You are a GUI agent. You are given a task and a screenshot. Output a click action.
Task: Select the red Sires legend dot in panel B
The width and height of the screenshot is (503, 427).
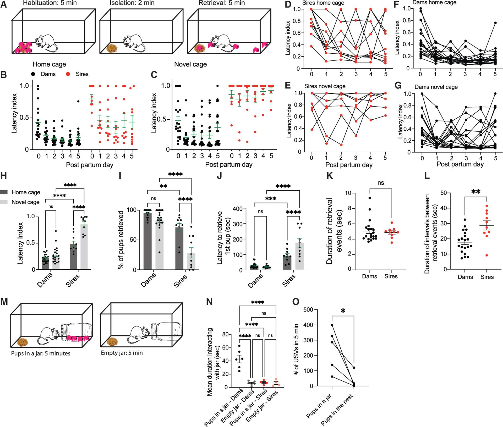coord(68,74)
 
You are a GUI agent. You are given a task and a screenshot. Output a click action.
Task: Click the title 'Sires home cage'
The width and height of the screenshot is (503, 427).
coord(323,3)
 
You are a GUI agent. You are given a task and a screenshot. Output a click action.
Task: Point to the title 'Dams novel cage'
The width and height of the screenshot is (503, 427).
coord(436,87)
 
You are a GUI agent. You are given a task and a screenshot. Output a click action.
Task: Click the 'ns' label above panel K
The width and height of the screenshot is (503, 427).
coord(381,183)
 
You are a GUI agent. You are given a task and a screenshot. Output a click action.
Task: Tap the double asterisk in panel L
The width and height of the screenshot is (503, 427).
coord(476,192)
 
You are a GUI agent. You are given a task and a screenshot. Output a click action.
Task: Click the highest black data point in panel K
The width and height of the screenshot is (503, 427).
coord(370,198)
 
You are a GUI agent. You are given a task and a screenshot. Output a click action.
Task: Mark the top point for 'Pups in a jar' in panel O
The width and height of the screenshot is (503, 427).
coord(332,325)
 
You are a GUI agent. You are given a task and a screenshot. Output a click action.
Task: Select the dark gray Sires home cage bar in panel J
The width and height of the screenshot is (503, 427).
coord(288,262)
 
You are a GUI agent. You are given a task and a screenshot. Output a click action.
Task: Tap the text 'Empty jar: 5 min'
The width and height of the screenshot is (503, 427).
coord(122,353)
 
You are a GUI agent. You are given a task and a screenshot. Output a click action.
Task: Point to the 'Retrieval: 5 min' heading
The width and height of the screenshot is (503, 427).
coord(222,3)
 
